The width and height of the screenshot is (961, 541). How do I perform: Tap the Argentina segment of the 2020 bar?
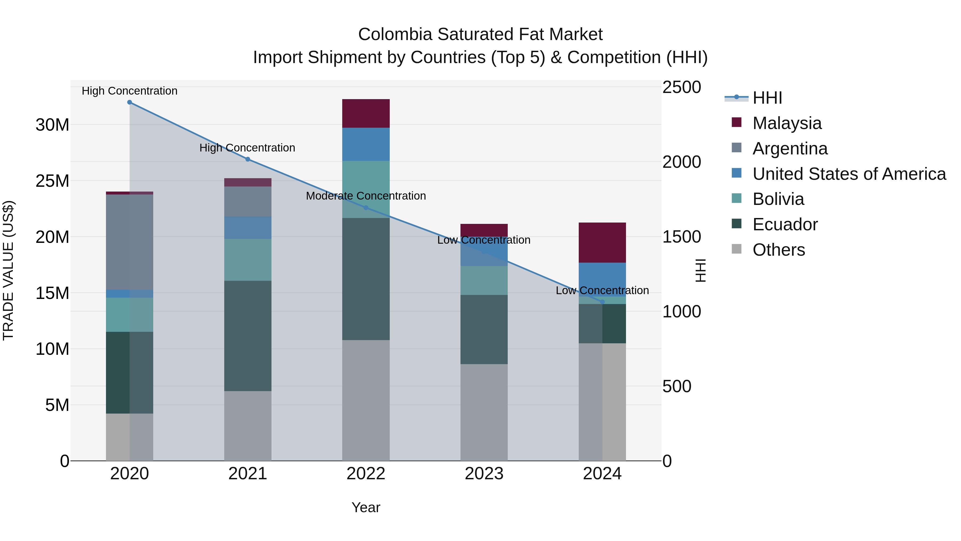129,242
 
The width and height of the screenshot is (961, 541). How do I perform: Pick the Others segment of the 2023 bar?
484,412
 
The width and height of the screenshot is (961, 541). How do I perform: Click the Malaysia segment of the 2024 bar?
602,242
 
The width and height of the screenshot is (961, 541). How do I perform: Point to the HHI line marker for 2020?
129,102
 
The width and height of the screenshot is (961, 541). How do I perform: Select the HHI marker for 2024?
602,302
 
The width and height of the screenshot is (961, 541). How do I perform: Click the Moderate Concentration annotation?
366,196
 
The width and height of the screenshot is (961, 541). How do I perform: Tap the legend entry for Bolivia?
778,199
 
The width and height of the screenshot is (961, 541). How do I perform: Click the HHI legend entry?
767,98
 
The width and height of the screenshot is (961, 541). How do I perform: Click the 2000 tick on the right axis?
681,162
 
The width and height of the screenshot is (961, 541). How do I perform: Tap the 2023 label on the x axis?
484,474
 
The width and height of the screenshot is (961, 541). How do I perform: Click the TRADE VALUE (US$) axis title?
8,270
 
